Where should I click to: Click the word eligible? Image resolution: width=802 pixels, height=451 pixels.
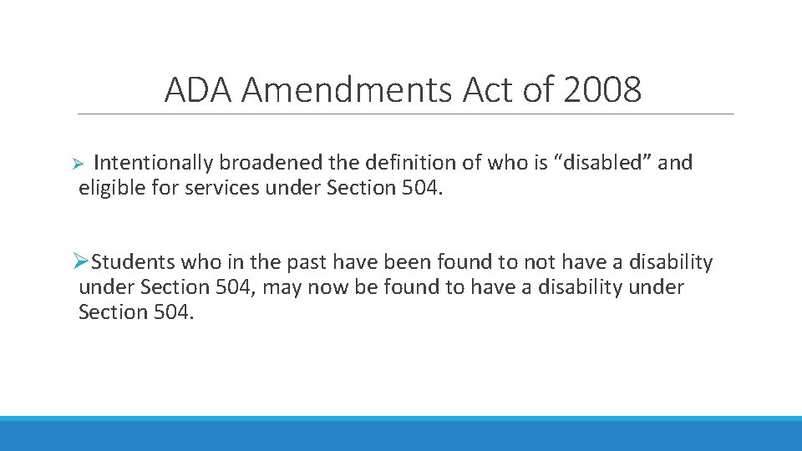click(109, 188)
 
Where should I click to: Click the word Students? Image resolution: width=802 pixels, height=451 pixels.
click(134, 262)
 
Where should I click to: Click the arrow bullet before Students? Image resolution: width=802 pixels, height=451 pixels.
click(80, 262)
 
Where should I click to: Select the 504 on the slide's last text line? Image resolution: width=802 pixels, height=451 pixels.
click(172, 312)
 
